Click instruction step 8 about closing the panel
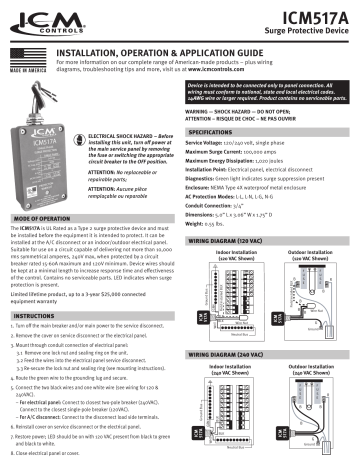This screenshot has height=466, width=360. [51, 459]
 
